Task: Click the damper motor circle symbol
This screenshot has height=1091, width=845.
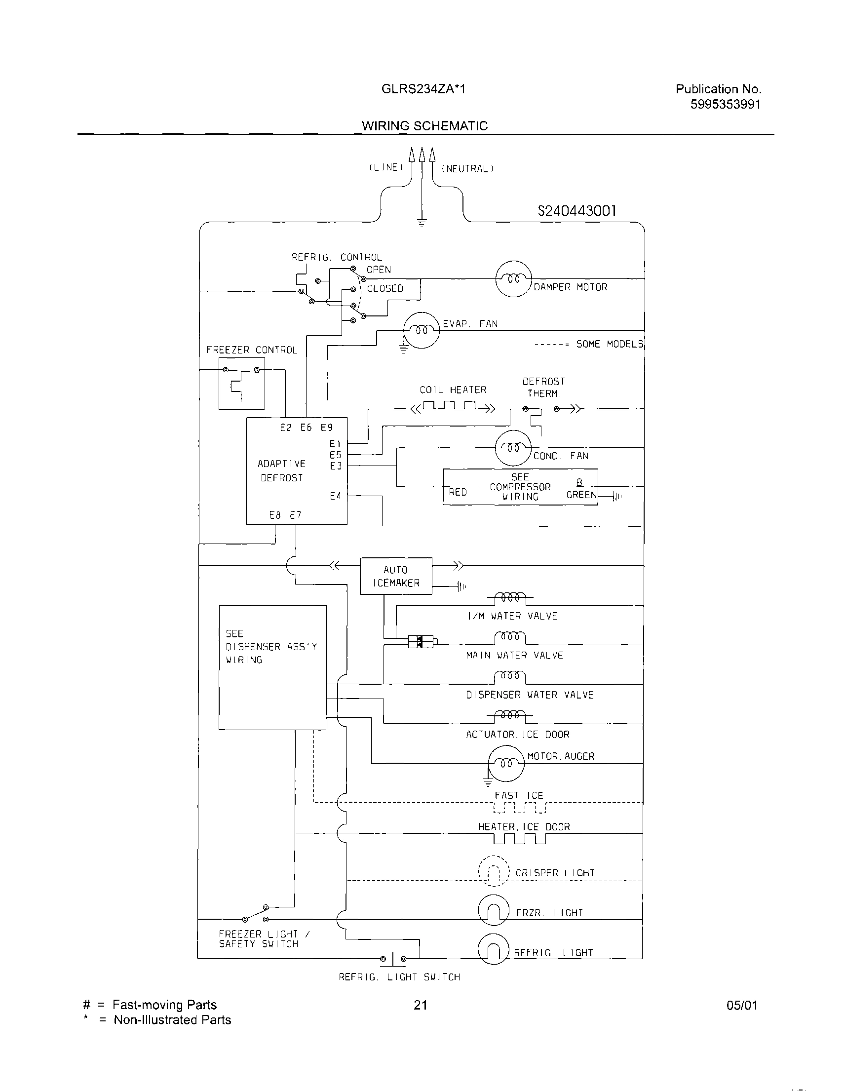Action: (513, 279)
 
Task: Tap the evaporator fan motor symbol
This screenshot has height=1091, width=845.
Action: (422, 330)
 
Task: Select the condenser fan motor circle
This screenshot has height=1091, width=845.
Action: (513, 448)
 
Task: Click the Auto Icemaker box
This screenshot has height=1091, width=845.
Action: (396, 576)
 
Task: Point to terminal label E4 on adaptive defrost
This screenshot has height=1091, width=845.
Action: (335, 496)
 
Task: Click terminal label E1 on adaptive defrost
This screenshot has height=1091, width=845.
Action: (335, 444)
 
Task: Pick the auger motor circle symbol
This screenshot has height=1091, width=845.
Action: (506, 763)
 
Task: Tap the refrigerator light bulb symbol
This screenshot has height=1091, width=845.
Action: (494, 949)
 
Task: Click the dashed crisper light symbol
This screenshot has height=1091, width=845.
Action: (494, 872)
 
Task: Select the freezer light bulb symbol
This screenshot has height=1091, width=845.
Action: (494, 910)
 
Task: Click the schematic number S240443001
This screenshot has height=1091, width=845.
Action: (577, 211)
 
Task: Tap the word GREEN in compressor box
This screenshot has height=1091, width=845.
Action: (581, 495)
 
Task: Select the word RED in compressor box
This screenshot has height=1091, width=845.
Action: (458, 493)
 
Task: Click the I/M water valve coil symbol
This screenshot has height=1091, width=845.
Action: (510, 597)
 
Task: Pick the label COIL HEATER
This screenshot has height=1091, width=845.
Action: (453, 390)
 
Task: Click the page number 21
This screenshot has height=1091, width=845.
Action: (421, 1005)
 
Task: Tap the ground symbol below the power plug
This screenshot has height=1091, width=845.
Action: (422, 223)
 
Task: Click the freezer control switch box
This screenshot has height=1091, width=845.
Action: (242, 390)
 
